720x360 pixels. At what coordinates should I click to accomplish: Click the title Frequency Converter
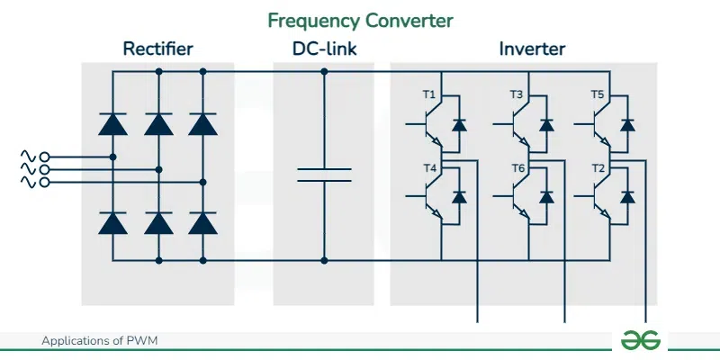click(x=360, y=19)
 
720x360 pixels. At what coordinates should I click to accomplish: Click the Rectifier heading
click(x=158, y=49)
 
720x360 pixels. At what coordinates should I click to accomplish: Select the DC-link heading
click(x=323, y=49)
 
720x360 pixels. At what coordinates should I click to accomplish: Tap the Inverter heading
click(x=532, y=49)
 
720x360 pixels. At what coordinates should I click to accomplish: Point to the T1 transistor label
click(x=429, y=94)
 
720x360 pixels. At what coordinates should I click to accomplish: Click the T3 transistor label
click(x=517, y=94)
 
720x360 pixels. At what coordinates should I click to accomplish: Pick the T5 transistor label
click(x=597, y=94)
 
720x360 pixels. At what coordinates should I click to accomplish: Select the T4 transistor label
click(x=429, y=168)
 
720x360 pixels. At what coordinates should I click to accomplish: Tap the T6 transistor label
click(x=517, y=168)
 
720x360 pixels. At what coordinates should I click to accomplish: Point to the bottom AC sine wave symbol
click(x=27, y=182)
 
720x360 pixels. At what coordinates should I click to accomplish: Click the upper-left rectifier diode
click(x=112, y=123)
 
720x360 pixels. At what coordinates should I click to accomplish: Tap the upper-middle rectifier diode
click(x=158, y=123)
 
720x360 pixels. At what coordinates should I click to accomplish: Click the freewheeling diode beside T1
click(x=459, y=124)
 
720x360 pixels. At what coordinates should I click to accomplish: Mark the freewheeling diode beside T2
click(x=628, y=196)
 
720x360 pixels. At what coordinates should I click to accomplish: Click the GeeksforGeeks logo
click(x=641, y=339)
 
